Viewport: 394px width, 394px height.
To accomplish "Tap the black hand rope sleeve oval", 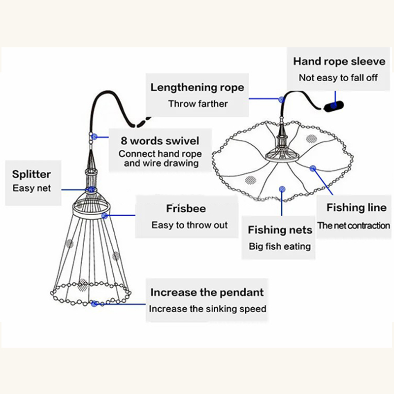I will [x=334, y=106].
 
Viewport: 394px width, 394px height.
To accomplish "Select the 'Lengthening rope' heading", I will [x=197, y=88].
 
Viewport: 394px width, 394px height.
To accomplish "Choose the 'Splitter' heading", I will [x=32, y=174].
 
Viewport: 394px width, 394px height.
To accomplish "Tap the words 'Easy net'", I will [x=32, y=188].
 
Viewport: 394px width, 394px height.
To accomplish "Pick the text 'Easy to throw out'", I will [x=190, y=225].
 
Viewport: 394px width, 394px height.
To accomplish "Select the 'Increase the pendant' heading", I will [x=207, y=292].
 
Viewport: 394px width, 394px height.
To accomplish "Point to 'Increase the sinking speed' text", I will [x=207, y=309].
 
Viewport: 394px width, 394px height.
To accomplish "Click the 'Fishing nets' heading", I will [x=280, y=230].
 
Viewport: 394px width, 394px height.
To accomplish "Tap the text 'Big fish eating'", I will [x=280, y=246].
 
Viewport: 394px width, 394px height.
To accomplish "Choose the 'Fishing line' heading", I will [x=357, y=208].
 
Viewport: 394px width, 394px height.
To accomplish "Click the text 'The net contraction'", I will [x=353, y=226].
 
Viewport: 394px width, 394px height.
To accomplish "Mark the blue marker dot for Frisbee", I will [x=104, y=215].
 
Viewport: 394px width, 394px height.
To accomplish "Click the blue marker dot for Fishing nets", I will [x=281, y=188].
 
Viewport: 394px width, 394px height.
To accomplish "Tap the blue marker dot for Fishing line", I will [x=313, y=168].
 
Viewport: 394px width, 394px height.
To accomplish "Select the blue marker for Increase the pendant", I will [x=94, y=304].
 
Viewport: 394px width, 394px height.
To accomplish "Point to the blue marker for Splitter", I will [x=91, y=190].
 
